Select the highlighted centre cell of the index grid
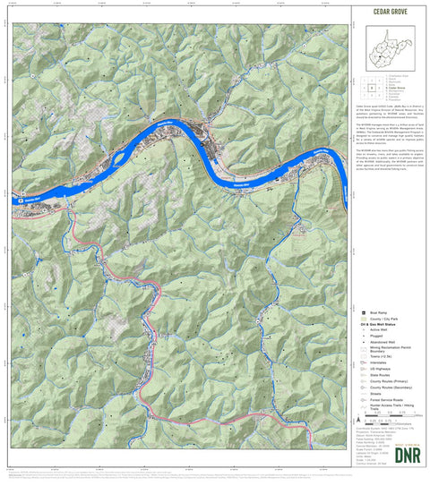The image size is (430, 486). pyautogui.click(x=372, y=89)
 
